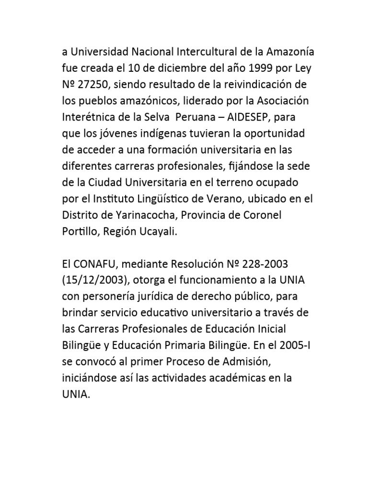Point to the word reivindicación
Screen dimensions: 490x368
pyautogui.click(x=258, y=85)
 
